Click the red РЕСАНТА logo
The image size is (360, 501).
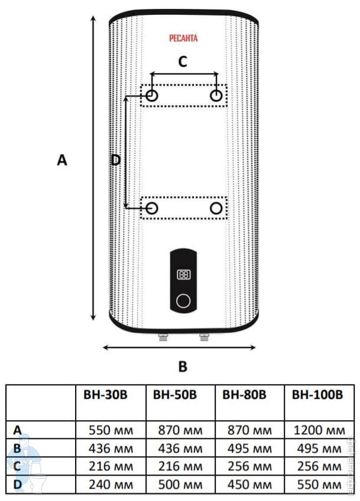coord(183,38)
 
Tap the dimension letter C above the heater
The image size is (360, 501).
coord(183,61)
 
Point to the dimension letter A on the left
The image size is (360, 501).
coord(62,160)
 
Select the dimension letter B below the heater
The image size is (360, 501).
coord(183,366)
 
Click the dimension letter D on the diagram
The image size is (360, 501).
coord(116,160)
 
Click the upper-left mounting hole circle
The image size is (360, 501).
coord(152,96)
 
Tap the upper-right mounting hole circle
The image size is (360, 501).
coord(217,96)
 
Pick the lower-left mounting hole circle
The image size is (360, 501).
coord(152,208)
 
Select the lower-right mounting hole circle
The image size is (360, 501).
coord(217,208)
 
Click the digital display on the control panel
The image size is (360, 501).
coord(183,275)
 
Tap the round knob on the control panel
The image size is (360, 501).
coord(183,301)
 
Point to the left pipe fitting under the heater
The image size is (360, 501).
coord(162,339)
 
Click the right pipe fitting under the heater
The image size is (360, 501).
coord(205,339)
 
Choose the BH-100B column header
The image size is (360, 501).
coord(318,395)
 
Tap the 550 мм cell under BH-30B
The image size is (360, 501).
coord(111,430)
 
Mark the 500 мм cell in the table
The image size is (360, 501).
coord(180,485)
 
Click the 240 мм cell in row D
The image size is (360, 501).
coord(111,485)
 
